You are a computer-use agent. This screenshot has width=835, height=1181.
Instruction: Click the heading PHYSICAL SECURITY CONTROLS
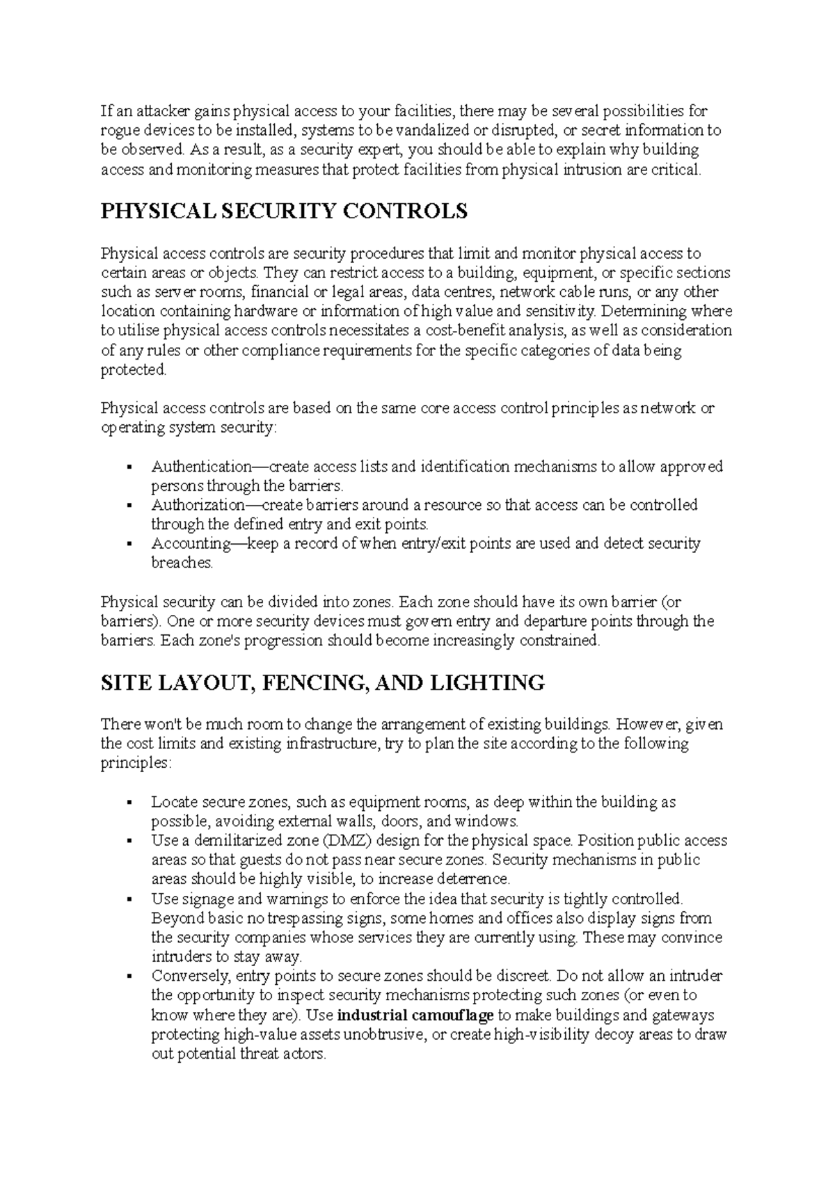[284, 211]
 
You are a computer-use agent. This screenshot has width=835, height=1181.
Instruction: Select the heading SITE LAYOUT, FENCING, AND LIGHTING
[322, 683]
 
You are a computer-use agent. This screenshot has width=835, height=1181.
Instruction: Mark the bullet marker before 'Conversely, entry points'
[130, 977]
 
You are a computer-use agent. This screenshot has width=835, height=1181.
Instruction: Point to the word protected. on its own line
[134, 370]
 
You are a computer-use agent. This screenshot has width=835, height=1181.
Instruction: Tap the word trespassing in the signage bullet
[269, 918]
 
